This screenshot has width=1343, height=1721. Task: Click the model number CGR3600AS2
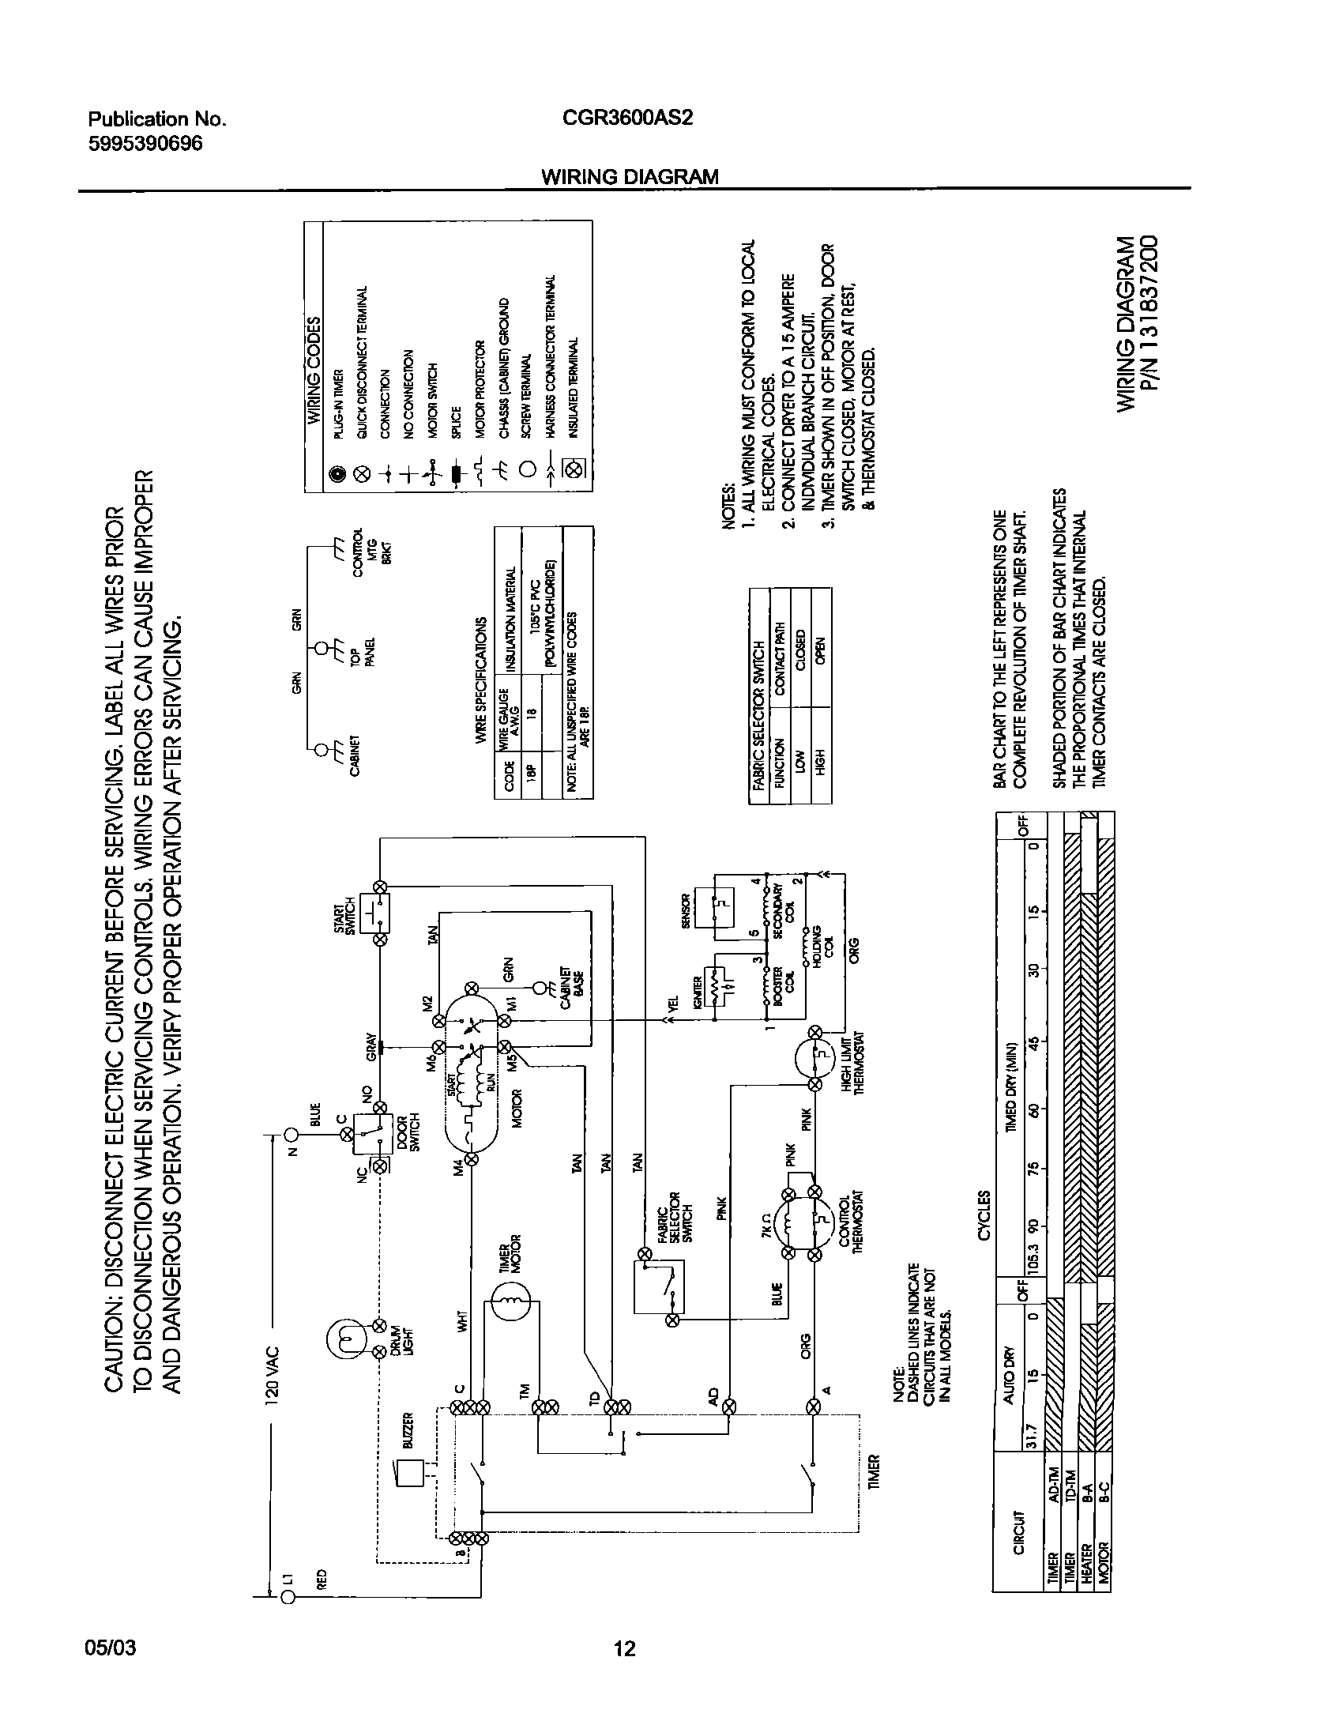628,119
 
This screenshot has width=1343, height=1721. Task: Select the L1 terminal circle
288,1598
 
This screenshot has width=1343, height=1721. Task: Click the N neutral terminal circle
292,1135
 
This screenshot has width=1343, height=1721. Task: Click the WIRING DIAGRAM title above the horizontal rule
630,177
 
